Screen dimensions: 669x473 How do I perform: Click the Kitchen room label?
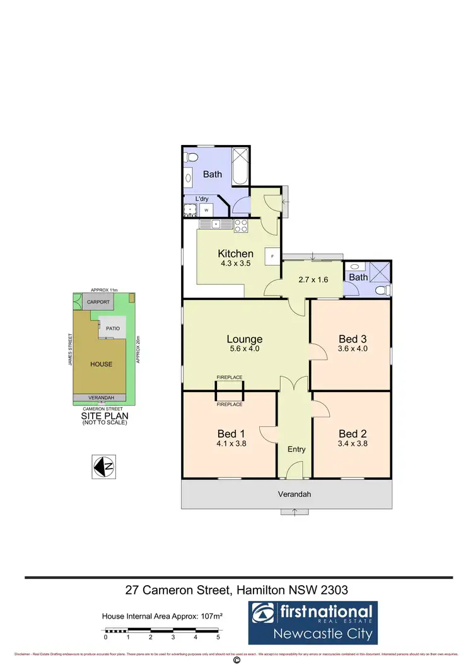pyautogui.click(x=235, y=253)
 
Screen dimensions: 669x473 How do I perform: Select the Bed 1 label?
pyautogui.click(x=230, y=434)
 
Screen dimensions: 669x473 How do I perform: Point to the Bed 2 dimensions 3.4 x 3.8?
pyautogui.click(x=353, y=443)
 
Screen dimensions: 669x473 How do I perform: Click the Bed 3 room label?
pyautogui.click(x=353, y=339)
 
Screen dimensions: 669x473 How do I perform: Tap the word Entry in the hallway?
pyautogui.click(x=296, y=450)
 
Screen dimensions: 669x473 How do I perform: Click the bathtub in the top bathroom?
pyautogui.click(x=241, y=166)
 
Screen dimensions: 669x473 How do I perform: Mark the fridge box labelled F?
pyautogui.click(x=272, y=256)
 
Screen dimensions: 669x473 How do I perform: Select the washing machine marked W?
pyautogui.click(x=206, y=210)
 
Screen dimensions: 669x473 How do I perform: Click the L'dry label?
pyautogui.click(x=202, y=199)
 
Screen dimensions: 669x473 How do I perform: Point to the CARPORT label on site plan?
pyautogui.click(x=98, y=303)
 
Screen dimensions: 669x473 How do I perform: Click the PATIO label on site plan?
pyautogui.click(x=114, y=329)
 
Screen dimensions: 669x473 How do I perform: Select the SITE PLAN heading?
pyautogui.click(x=104, y=416)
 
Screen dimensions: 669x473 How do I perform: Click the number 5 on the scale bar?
pyautogui.click(x=218, y=637)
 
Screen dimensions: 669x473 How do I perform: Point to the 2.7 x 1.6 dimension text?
pyautogui.click(x=313, y=279)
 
